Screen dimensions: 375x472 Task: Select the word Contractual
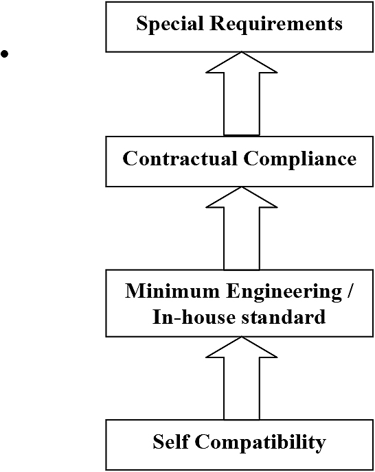180,158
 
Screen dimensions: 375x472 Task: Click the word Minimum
172,291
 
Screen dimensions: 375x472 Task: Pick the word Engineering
284,292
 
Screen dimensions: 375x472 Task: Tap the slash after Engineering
349,292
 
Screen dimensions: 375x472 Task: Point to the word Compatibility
260,442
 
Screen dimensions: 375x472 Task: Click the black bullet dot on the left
5,54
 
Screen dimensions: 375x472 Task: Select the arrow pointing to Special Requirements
242,94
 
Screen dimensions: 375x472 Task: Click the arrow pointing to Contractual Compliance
242,228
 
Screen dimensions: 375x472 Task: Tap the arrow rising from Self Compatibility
242,378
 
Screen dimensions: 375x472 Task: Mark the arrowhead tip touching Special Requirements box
242,52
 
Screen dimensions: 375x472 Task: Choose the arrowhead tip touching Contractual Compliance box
242,187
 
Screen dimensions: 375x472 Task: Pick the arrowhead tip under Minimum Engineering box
242,337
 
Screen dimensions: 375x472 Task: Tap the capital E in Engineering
234,291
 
